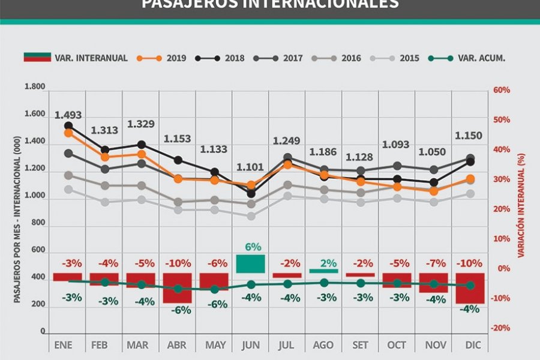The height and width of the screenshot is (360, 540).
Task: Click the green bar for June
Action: (x=251, y=263)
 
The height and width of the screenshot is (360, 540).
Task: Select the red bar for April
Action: (x=178, y=288)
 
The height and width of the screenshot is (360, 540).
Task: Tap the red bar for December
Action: (x=470, y=289)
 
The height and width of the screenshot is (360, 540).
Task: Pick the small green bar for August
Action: (x=324, y=271)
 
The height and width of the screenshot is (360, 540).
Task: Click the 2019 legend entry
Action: (x=161, y=58)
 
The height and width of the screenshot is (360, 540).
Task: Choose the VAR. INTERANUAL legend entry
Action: (x=76, y=58)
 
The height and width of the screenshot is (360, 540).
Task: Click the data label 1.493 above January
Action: (x=68, y=115)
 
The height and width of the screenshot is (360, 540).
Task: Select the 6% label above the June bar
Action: (x=252, y=247)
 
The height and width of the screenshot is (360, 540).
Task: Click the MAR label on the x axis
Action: (x=139, y=346)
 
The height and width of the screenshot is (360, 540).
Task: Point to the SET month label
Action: (x=359, y=346)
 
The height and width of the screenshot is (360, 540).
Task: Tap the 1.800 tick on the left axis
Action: (x=35, y=87)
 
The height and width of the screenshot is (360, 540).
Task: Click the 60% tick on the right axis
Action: (x=502, y=90)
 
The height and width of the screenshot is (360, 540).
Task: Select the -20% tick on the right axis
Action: (x=500, y=328)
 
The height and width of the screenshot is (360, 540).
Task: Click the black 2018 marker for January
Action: (x=68, y=126)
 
